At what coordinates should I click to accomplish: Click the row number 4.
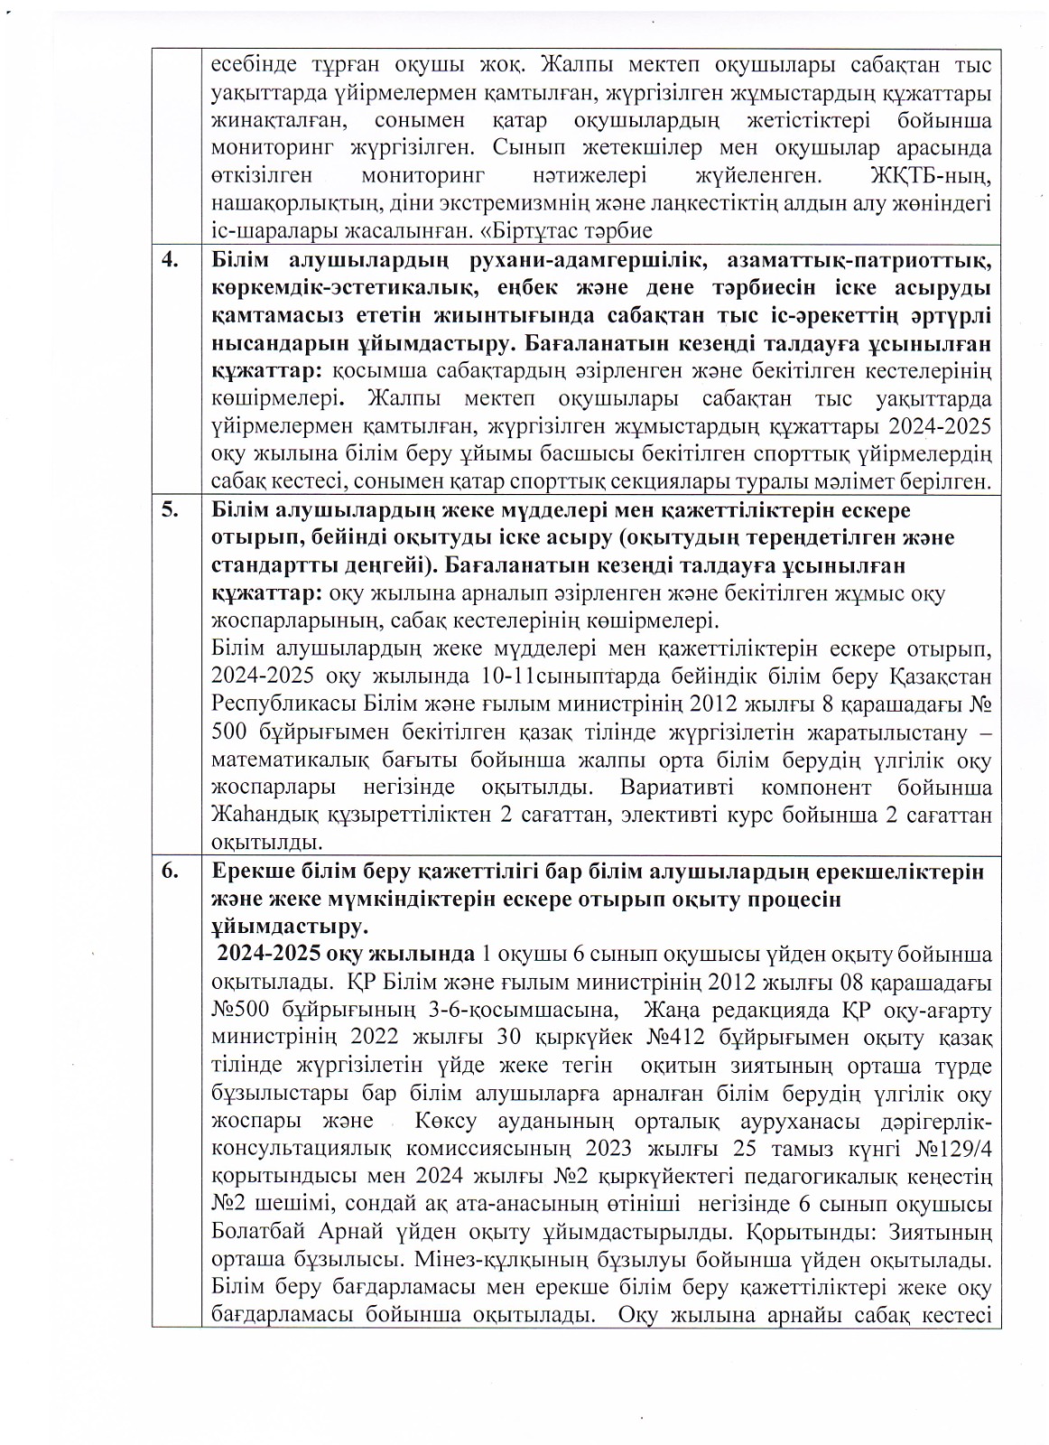pos(169,262)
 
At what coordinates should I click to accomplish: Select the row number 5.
pos(169,509)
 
